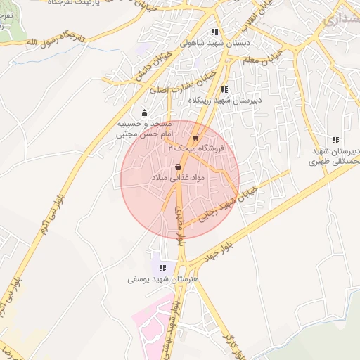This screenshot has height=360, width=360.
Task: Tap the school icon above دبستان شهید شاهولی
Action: [x=214, y=32]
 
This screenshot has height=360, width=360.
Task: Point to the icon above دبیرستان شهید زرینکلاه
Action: [x=224, y=89]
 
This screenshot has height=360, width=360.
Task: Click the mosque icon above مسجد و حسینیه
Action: [x=144, y=112]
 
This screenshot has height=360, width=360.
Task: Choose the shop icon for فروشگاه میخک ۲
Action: [x=195, y=138]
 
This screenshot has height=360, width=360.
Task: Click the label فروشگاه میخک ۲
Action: [x=193, y=149]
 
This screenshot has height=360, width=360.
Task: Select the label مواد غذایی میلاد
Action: [x=178, y=179]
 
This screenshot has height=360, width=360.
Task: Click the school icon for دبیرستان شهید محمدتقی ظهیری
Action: [x=335, y=140]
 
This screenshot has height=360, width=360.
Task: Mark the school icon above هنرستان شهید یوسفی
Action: [x=162, y=268]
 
